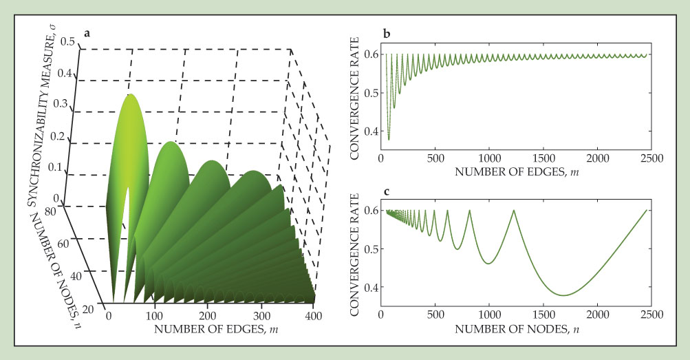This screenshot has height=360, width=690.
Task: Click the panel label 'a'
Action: pos(87,32)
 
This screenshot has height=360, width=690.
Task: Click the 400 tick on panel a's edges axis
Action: pos(314,315)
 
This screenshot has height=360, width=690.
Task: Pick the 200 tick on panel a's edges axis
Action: pos(210,315)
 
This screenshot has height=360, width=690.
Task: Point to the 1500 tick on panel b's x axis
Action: pos(543,158)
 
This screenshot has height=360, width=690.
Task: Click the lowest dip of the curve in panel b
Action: pos(389,140)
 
